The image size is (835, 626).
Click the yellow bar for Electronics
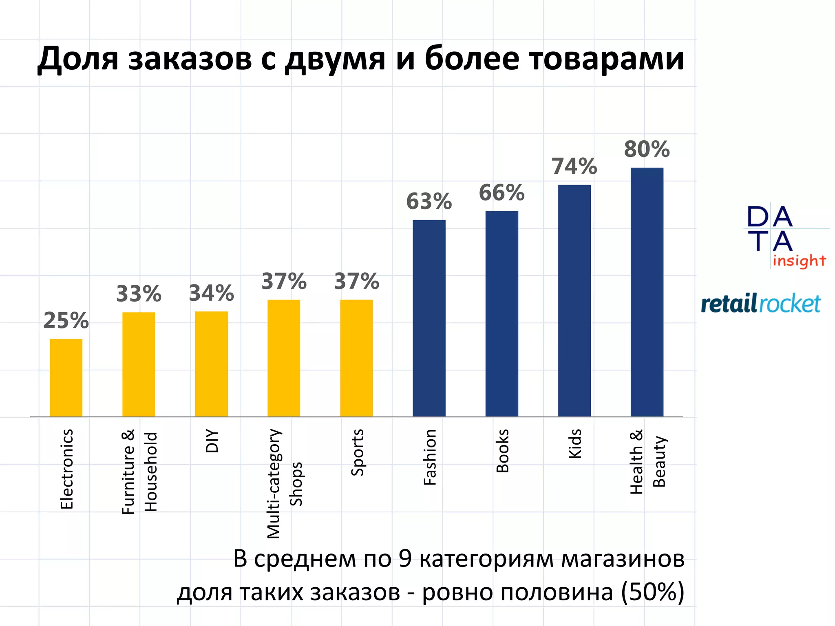coord(66,377)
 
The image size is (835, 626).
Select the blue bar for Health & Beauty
coord(647,292)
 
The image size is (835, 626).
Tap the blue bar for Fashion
coord(429,318)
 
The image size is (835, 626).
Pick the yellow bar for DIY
coord(211,364)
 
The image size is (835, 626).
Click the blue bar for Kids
coord(574,300)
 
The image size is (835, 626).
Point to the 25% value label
coord(66,321)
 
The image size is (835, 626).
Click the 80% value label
coord(647,149)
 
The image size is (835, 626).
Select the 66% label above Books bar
coord(501,193)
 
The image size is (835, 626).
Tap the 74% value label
coord(574,166)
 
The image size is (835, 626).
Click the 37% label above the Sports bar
coord(356,282)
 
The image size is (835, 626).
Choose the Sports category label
coord(357,452)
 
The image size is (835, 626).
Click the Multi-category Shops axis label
coord(284,483)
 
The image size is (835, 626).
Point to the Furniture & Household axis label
coord(139,472)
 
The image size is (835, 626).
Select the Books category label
coord(502,451)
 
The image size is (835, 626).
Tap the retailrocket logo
coord(761,304)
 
